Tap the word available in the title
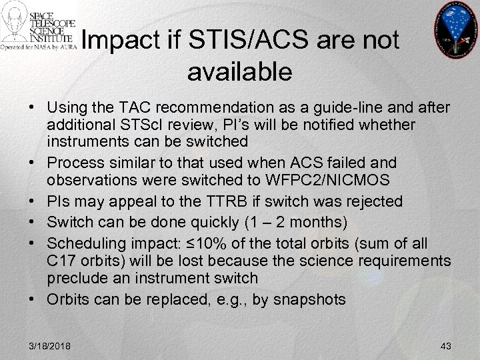pos(240,71)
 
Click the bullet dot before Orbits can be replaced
pos(33,299)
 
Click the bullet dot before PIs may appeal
pos(33,201)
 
